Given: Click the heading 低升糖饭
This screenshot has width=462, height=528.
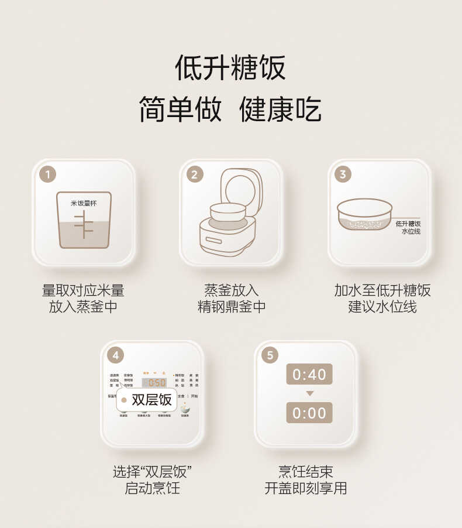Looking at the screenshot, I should tap(230, 67).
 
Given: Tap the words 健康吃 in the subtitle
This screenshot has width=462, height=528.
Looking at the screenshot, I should tap(280, 110).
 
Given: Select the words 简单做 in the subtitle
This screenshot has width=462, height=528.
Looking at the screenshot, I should tap(180, 110).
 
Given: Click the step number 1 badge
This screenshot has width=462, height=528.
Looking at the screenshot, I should tap(48, 174).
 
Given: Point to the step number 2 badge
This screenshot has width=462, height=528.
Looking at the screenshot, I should tap(195, 174).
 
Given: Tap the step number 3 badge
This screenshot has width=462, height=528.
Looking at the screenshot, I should tap(343, 174).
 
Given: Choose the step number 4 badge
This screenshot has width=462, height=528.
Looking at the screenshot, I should tap(116, 355).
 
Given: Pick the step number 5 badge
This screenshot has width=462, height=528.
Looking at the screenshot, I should tap(270, 355).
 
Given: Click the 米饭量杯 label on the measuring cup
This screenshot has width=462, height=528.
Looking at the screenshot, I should tap(83, 203).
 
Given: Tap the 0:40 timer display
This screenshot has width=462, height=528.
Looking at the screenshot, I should tap(309, 374).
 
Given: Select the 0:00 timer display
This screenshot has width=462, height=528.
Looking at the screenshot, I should tap(309, 413).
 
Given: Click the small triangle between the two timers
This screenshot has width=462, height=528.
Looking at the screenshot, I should tap(309, 393).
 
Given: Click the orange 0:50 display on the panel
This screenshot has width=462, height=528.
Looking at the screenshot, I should tap(154, 383).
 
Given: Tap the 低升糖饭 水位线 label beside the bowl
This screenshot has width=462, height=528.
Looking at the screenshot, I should tap(408, 227).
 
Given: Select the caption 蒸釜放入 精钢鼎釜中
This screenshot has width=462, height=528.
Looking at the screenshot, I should tap(231, 298).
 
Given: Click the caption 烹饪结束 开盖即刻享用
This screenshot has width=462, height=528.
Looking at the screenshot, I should tap(306, 480).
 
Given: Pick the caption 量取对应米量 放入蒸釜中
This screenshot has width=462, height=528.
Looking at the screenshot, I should tap(83, 298).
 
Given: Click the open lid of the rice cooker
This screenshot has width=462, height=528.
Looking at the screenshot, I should tap(239, 186).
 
